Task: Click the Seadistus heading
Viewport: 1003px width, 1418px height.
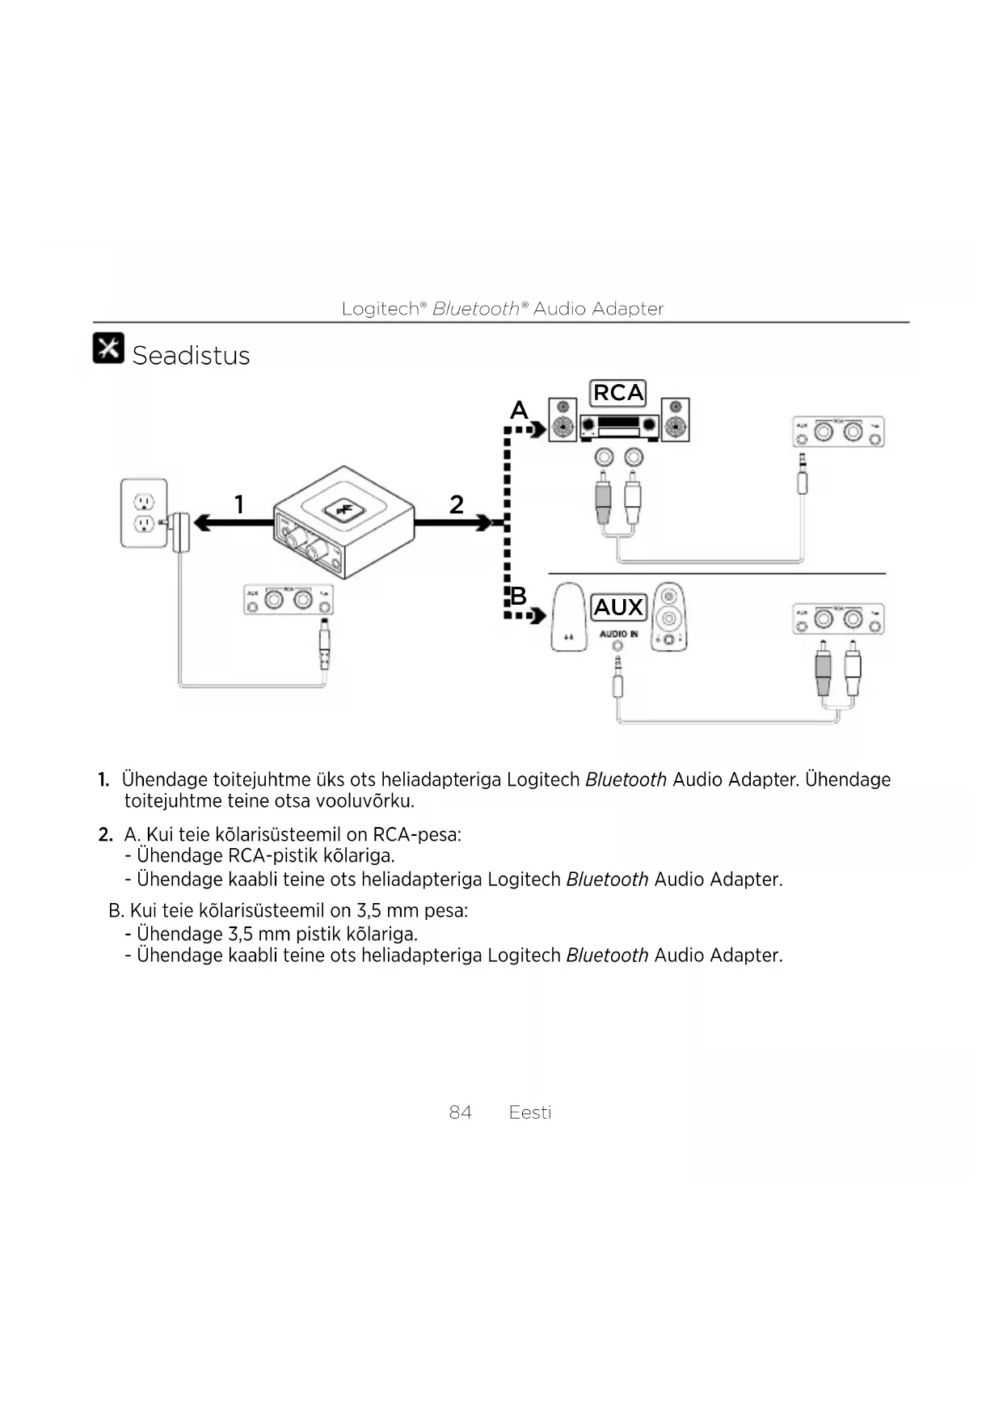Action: click(191, 356)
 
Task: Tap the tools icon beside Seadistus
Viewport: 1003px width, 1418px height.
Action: click(108, 348)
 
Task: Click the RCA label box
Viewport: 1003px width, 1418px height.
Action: click(618, 393)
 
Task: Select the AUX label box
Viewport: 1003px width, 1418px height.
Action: click(618, 607)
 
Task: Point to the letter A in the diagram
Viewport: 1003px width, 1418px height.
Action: click(518, 411)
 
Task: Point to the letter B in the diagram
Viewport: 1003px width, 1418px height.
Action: click(518, 597)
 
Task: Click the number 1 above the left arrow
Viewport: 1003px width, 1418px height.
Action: click(238, 504)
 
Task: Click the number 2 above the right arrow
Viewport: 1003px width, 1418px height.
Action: click(457, 504)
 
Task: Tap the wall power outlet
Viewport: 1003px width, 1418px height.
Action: click(144, 513)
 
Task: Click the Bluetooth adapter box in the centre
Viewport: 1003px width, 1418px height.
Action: click(344, 521)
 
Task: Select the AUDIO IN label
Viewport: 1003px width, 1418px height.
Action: click(618, 634)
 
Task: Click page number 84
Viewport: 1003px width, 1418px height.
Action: click(460, 1112)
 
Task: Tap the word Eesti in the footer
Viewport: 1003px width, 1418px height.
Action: click(530, 1112)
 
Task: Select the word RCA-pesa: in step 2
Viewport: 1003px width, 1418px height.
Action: click(417, 834)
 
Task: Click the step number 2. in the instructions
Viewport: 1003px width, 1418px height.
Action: click(105, 834)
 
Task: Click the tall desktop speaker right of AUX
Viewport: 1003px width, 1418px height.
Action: click(668, 617)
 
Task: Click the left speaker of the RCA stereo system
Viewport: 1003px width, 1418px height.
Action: click(563, 420)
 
